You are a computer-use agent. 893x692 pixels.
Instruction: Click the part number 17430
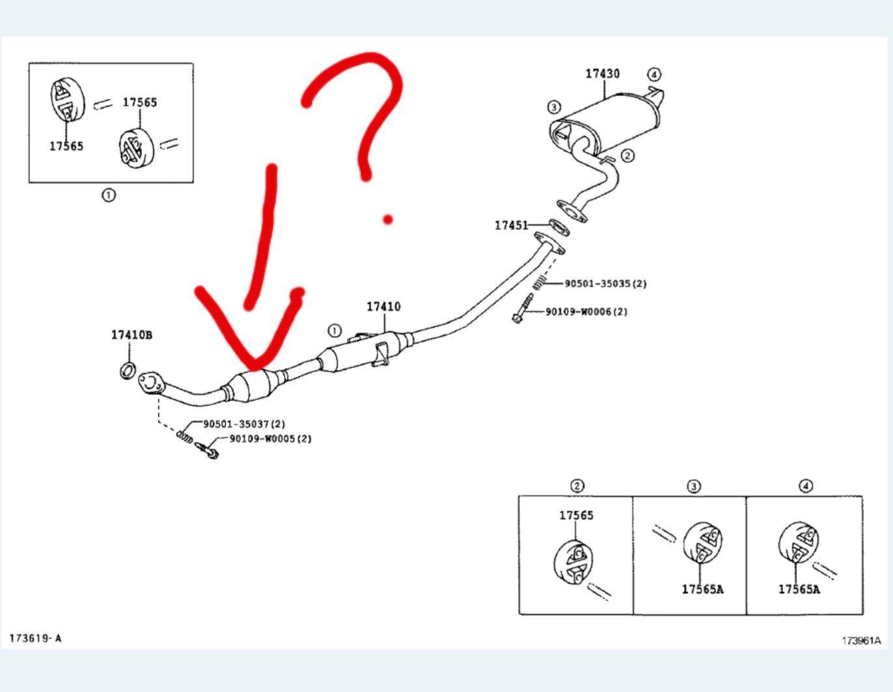pos(602,74)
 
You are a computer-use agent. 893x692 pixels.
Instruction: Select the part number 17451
pos(511,225)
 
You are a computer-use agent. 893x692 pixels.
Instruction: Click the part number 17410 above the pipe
pos(383,306)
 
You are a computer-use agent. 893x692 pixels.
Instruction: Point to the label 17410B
pos(131,335)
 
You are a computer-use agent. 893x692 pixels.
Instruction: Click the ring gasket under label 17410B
pos(128,370)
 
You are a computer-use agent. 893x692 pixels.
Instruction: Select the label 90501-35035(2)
pos(605,283)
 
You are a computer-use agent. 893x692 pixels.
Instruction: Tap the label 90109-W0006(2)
pos(586,311)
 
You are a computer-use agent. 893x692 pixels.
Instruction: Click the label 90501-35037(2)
pos(244,424)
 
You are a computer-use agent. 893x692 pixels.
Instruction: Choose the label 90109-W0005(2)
pos(270,439)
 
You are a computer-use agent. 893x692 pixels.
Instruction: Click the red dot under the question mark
pos(388,220)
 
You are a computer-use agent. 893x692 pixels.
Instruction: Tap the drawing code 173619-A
pos(35,638)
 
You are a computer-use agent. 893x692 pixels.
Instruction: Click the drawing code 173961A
pos(860,641)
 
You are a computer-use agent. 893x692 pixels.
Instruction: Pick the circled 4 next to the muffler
pos(653,74)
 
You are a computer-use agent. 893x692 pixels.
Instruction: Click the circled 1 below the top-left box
pos(109,195)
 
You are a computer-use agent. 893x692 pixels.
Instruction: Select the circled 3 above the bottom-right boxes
pos(694,486)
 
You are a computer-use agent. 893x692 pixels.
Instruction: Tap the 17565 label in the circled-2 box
pos(576,515)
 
